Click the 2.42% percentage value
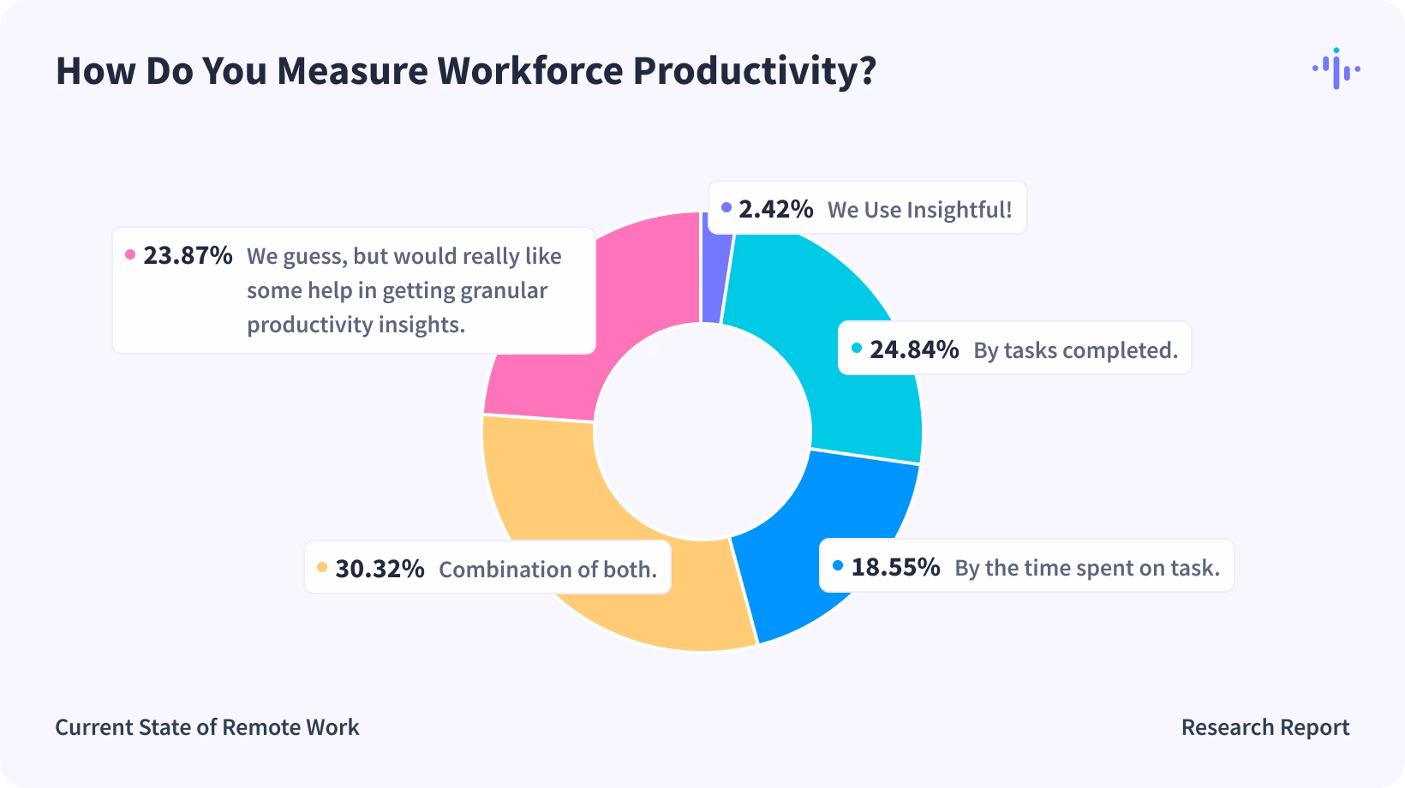coord(775,208)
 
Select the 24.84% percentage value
coord(914,349)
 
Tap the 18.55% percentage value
coord(895,567)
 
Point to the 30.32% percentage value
coord(380,569)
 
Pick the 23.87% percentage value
coord(188,255)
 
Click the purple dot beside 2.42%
coord(726,207)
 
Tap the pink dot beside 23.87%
coord(130,254)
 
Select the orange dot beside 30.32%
coord(322,568)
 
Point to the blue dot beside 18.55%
coord(838,566)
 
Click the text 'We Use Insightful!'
coord(919,210)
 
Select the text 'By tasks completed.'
coord(1075,350)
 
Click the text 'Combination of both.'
coord(547,570)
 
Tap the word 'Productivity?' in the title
coord(755,71)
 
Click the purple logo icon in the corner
coord(1336,69)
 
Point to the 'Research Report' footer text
coord(1264,727)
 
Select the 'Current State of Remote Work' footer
coord(207,727)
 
